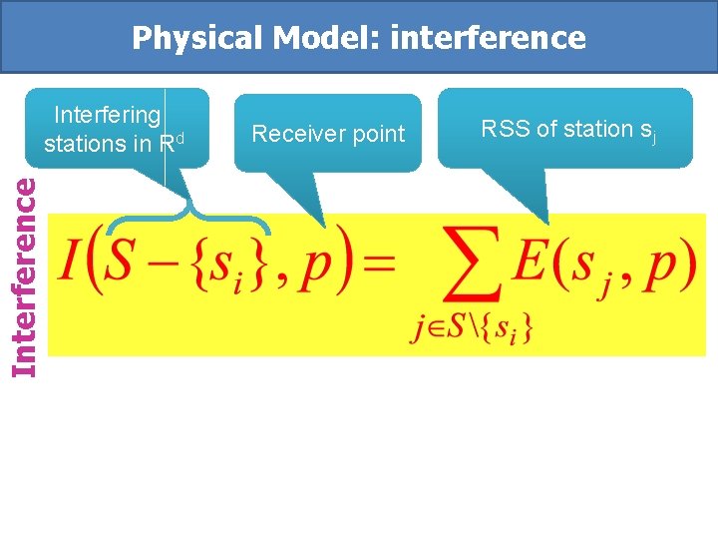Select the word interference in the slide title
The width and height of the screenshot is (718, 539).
[x=489, y=38]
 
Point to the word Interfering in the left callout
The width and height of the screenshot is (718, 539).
[x=107, y=115]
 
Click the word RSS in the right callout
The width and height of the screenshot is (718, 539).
[x=502, y=129]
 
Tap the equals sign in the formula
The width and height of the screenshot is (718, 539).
[x=377, y=266]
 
